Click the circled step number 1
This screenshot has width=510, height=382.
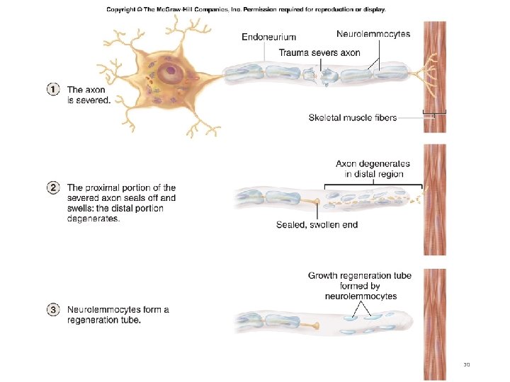pos(53,90)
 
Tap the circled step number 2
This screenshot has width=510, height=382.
pos(53,188)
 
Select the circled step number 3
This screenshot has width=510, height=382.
pos(53,310)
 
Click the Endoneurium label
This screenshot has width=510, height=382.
pos(269,36)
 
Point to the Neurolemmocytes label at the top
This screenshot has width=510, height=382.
pos(373,34)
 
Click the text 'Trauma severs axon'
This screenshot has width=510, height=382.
pos(319,52)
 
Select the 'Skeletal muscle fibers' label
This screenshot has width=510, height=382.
pos(353,117)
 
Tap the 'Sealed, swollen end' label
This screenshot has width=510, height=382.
pos(317,225)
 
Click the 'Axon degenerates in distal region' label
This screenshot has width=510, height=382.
pos(373,169)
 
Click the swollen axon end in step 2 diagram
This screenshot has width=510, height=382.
pos(315,204)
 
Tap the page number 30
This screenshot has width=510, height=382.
pos(466,364)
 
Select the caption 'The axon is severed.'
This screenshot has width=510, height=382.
pos(89,95)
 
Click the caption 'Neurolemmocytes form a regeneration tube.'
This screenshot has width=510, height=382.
pos(118,315)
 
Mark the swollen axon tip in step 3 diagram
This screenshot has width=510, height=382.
pos(314,326)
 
